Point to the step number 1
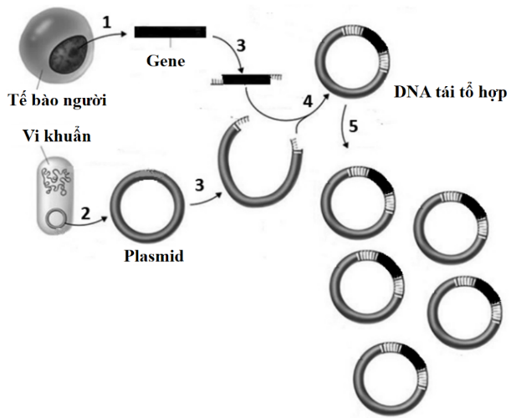click(106, 23)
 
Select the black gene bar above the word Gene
click(166, 32)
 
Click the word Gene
click(166, 61)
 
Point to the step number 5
click(353, 127)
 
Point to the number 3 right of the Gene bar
click(241, 47)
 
